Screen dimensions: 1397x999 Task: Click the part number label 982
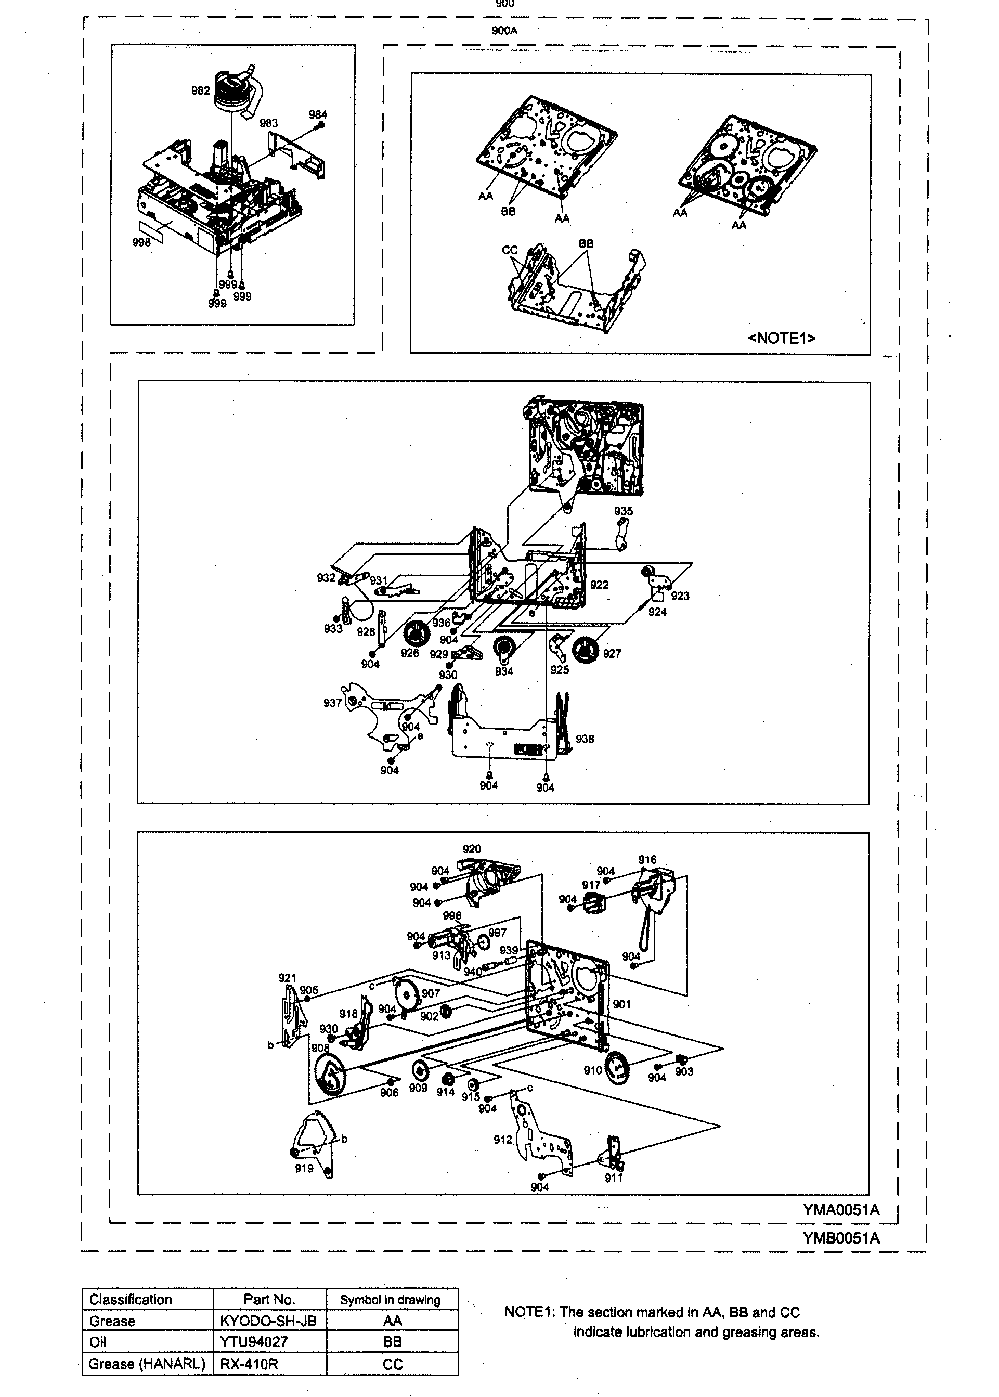click(x=201, y=91)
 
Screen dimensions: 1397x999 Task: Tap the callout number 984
click(x=318, y=114)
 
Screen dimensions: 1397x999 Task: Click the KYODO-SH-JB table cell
click(x=268, y=1321)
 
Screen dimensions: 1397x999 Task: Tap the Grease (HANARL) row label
click(x=147, y=1364)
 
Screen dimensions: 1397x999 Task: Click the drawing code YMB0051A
click(x=841, y=1238)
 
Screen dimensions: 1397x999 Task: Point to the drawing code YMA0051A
click(x=841, y=1210)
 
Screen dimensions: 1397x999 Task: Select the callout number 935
click(x=623, y=511)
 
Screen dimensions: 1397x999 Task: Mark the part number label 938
click(x=585, y=739)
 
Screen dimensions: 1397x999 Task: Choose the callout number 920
click(x=472, y=849)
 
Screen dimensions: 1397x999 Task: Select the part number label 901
click(x=622, y=1004)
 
